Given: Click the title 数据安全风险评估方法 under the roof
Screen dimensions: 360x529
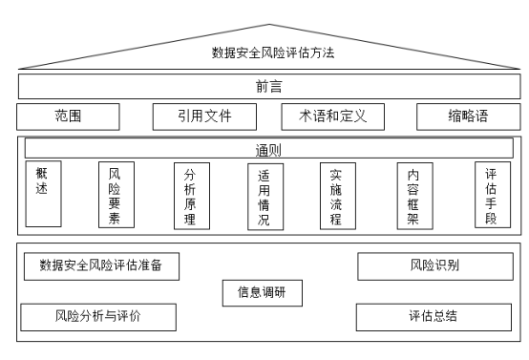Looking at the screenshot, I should tap(273, 53).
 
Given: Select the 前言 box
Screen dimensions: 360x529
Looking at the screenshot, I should tap(268, 85).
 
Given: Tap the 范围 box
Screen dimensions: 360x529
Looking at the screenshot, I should tap(68, 116).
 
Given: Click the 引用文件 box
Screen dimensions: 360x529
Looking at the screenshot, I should tap(205, 116).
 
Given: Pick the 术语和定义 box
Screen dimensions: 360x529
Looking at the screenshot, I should tap(333, 116).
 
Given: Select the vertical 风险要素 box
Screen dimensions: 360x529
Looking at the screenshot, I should tap(116, 195).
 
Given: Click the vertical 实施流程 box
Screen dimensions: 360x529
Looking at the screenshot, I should tap(336, 195).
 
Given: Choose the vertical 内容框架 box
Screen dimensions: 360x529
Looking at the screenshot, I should tap(413, 195).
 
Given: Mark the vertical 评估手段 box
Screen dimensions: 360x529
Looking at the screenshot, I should tap(491, 195).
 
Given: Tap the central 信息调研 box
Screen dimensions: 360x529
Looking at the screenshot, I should tap(263, 292).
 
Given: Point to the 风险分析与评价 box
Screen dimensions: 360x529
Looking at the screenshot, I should tap(100, 315).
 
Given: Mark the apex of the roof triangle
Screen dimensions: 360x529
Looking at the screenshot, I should tap(270, 25).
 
